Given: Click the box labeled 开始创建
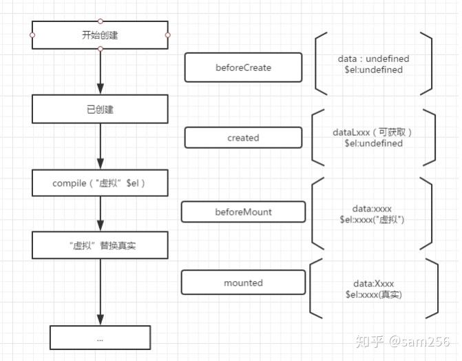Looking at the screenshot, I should (x=101, y=35).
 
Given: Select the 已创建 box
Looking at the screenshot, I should (x=101, y=109).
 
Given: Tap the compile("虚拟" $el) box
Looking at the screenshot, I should (x=101, y=183).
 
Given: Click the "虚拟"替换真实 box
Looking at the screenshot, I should (x=101, y=245).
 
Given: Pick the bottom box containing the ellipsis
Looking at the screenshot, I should (x=101, y=338).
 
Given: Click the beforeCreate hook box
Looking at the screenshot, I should (x=243, y=68).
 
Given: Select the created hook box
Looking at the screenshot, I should (x=243, y=138).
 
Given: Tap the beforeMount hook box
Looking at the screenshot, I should (x=243, y=212).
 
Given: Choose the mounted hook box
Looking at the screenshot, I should (x=243, y=282).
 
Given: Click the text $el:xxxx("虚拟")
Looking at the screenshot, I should (x=372, y=219).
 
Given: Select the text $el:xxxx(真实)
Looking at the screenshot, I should (x=374, y=294).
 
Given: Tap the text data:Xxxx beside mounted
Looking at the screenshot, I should (x=374, y=283).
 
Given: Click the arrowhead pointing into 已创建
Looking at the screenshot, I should (x=101, y=89).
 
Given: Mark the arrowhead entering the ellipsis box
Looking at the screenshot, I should (x=101, y=319).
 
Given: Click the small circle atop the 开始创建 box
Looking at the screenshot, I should (x=101, y=21).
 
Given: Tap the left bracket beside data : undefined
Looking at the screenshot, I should (x=319, y=63).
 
